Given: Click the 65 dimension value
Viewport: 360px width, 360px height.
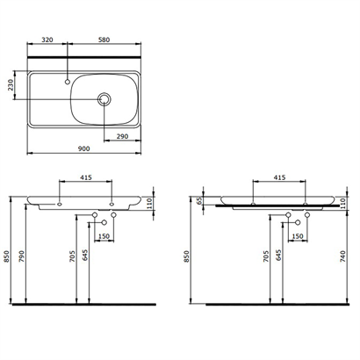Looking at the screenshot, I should tap(198, 201).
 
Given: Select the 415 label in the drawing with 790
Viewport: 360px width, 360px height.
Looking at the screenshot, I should tap(86, 178).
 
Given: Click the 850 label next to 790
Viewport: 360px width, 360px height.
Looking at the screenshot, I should tap(8, 256).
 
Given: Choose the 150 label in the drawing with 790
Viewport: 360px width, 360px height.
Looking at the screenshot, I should tap(104, 236).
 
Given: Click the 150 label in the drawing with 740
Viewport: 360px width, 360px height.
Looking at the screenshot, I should tap(297, 236).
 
